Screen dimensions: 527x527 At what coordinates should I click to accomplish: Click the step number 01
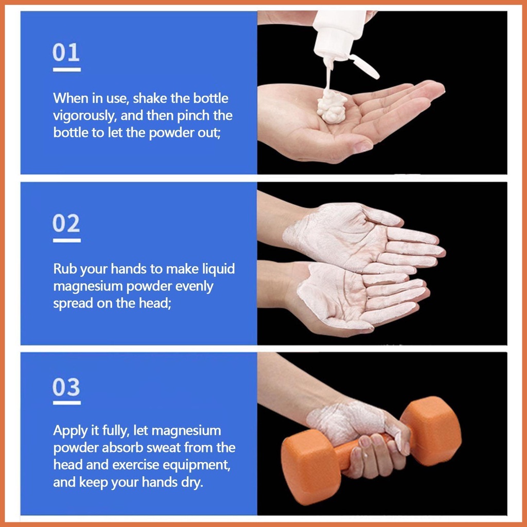click(x=66, y=52)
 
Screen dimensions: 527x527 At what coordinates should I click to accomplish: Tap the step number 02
click(x=66, y=223)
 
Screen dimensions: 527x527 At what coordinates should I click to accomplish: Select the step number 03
click(x=66, y=387)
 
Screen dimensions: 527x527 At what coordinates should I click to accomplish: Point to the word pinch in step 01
click(x=194, y=116)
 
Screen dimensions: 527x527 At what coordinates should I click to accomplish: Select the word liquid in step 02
click(x=218, y=269)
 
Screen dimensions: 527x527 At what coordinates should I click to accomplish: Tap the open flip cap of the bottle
click(x=365, y=66)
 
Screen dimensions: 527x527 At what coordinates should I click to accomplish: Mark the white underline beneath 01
click(x=66, y=69)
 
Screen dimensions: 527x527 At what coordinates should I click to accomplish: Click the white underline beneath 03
click(x=66, y=402)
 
